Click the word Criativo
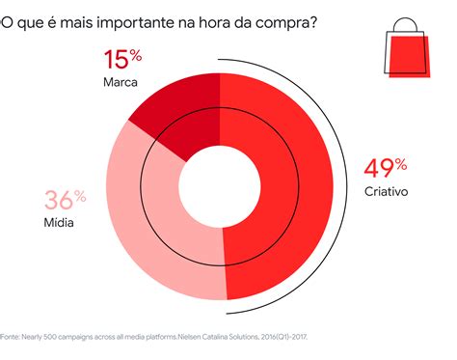[387, 191]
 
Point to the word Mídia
[59, 223]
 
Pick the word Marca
[121, 82]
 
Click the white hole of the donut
[221, 182]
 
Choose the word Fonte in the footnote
[9, 339]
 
